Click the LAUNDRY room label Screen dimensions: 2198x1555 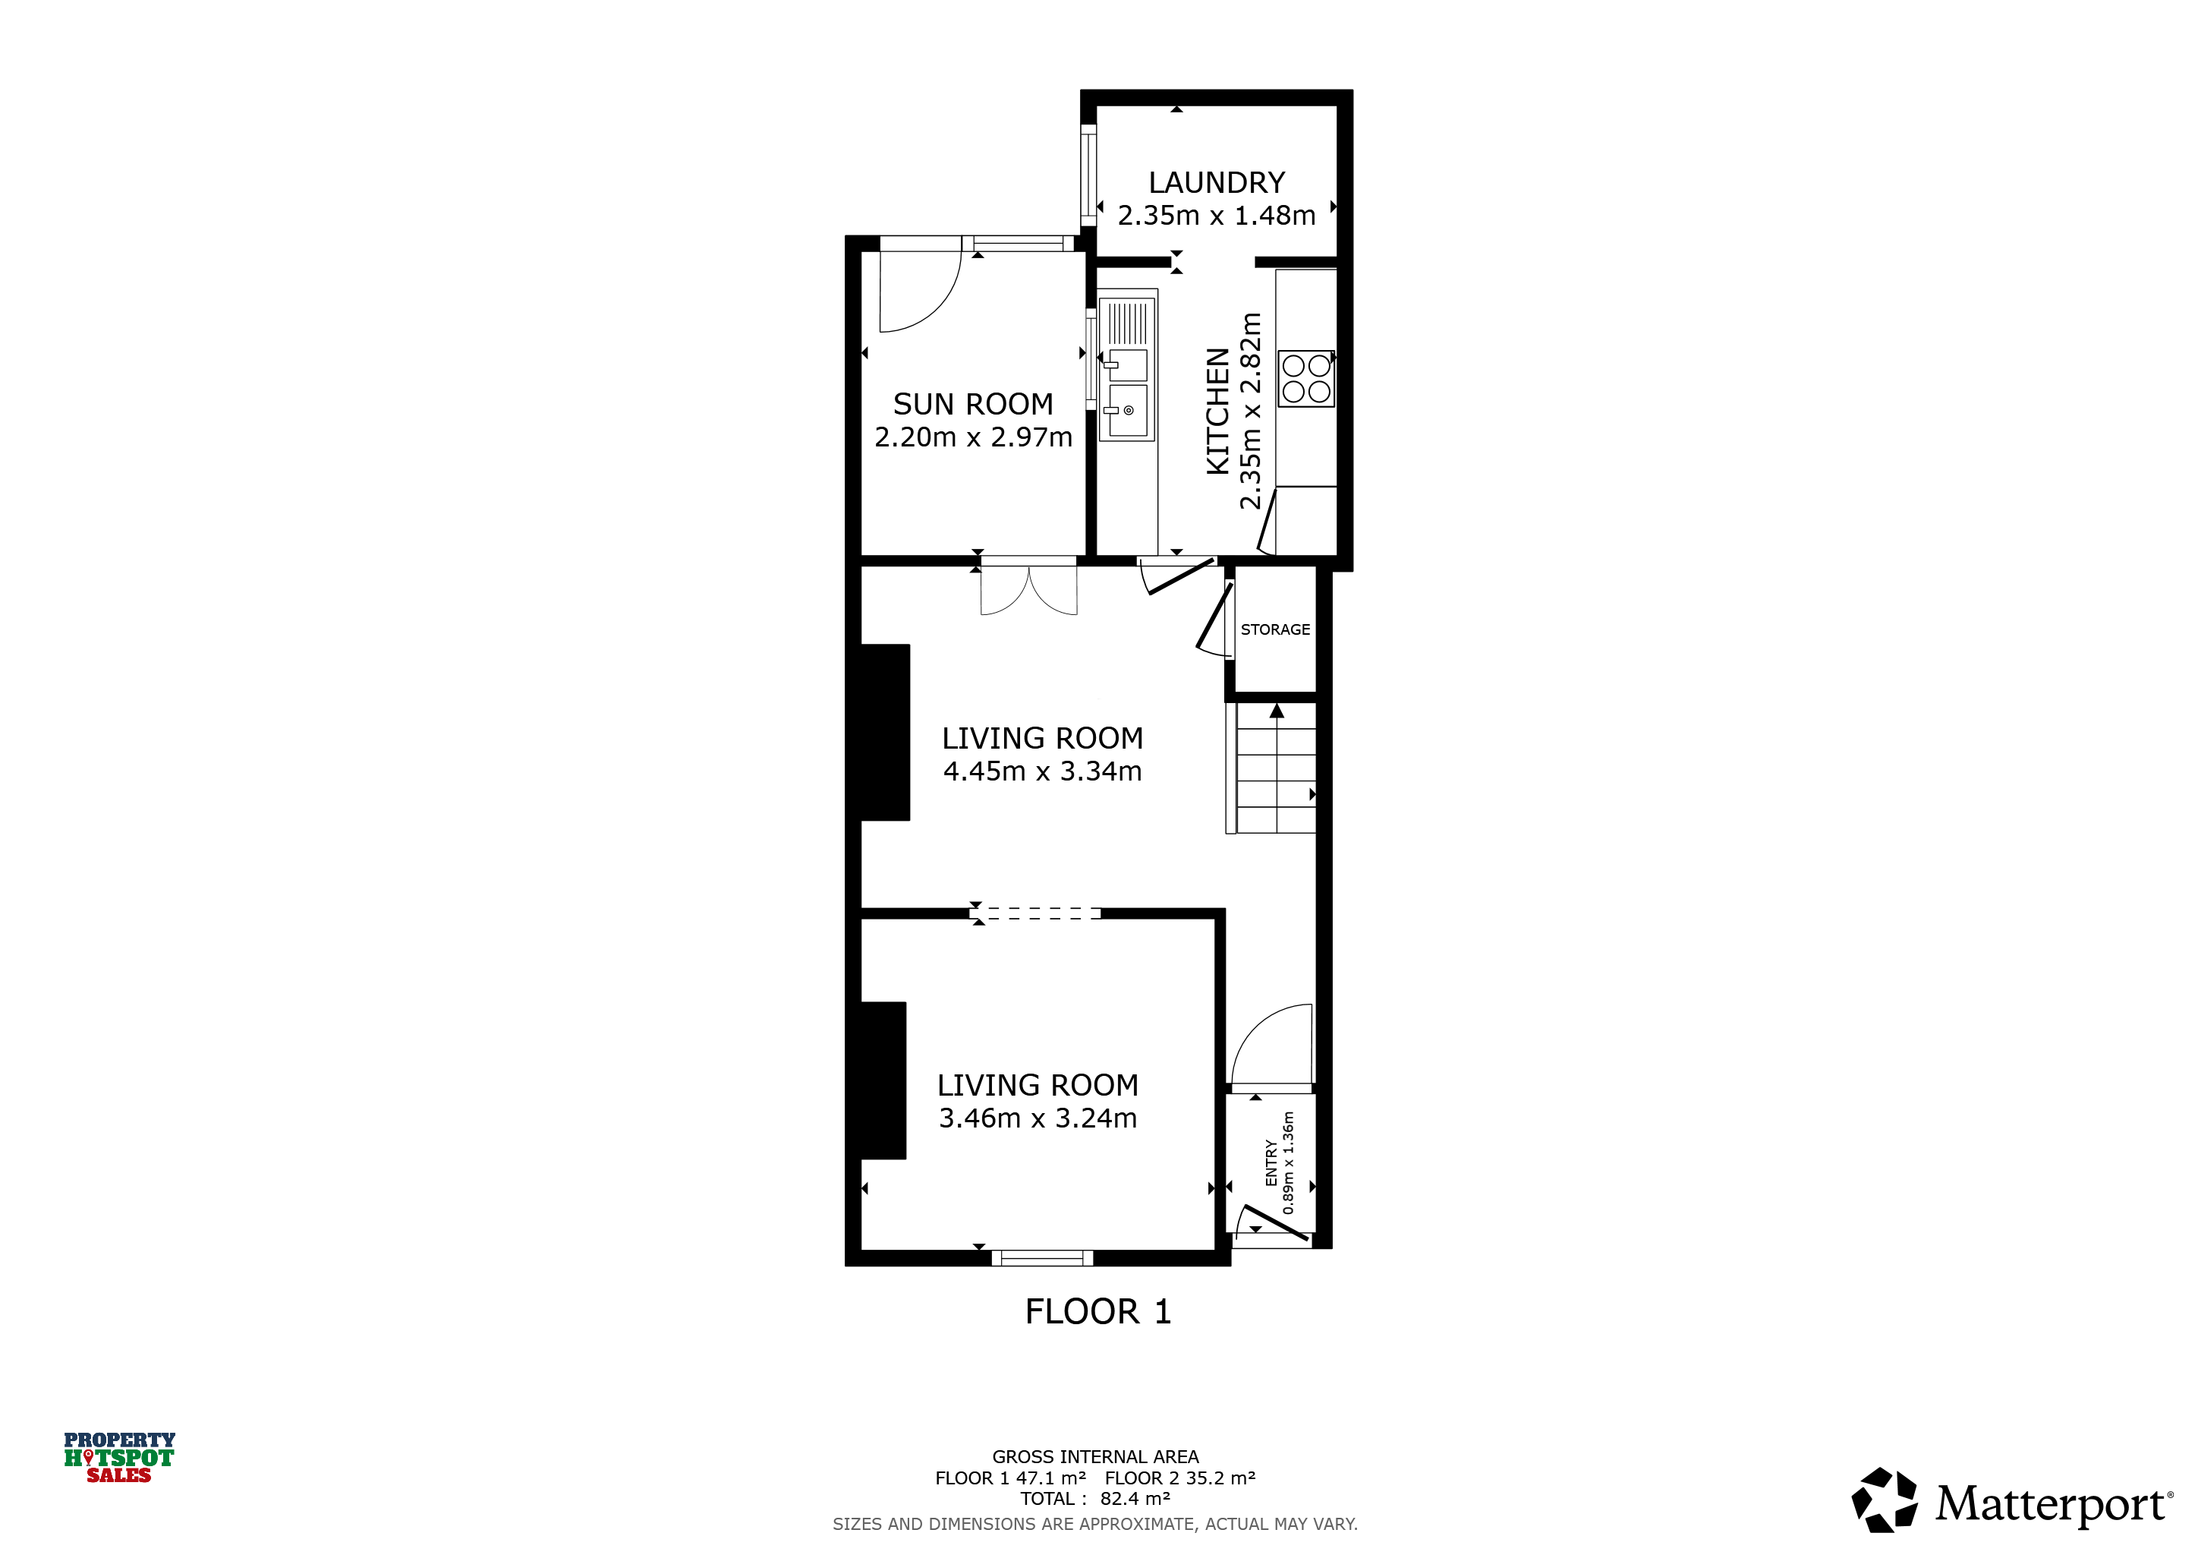click(1216, 183)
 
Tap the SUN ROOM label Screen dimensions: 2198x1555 click(973, 404)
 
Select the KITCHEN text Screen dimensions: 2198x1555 click(1217, 411)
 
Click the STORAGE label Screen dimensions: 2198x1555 click(1275, 629)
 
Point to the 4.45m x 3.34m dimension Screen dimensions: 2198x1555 click(1043, 771)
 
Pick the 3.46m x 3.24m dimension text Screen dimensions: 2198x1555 click(1038, 1118)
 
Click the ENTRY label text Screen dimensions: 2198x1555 click(1271, 1162)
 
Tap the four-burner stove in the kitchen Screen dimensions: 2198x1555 click(1305, 378)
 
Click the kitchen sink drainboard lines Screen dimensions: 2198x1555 click(1128, 323)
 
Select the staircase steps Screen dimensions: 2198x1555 click(1276, 768)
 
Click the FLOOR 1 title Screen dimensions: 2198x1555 click(1098, 1312)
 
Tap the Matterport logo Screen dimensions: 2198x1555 click(2011, 1500)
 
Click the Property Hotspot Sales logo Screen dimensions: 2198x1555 click(120, 1457)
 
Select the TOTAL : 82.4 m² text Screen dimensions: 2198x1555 click(1095, 1499)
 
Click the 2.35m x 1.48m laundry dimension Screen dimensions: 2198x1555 click(1217, 216)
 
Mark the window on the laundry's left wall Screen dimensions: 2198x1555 click(1088, 175)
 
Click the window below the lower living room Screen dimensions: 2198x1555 click(1043, 1258)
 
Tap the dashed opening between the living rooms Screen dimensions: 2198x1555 click(1038, 913)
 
